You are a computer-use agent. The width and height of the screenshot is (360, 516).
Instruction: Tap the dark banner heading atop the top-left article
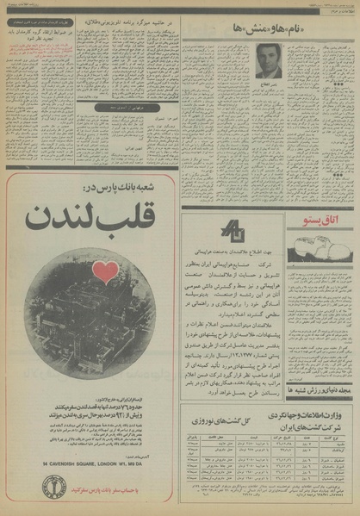48,16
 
